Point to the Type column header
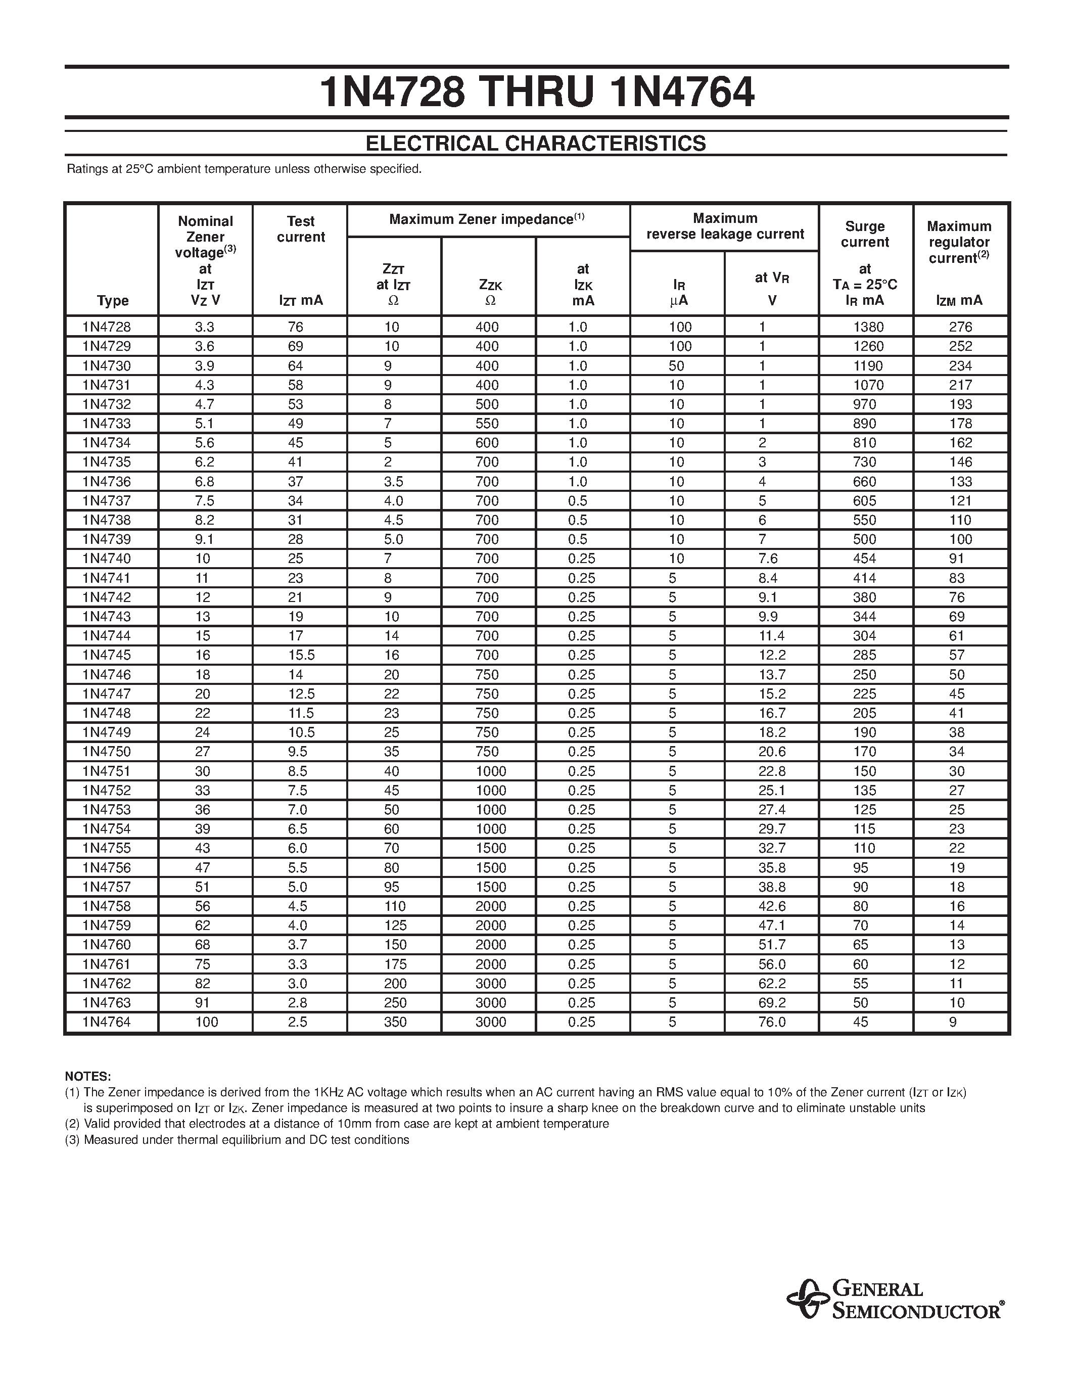tap(113, 300)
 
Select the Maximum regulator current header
tap(959, 242)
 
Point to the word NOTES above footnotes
tap(88, 1076)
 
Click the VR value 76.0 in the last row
tap(772, 1022)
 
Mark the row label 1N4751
tap(106, 771)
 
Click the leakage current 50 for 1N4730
tap(676, 366)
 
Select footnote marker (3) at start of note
tap(73, 1140)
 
